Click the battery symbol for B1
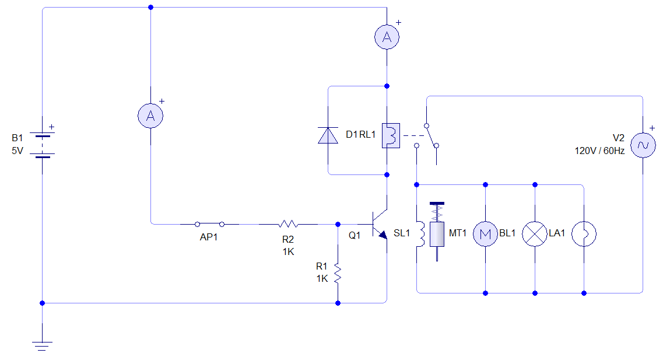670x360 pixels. [43, 145]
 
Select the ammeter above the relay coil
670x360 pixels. [387, 37]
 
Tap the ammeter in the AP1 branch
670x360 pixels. [150, 116]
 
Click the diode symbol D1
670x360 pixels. [328, 135]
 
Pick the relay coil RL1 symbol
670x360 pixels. [390, 135]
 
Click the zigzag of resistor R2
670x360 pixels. [288, 223]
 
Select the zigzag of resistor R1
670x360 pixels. [338, 274]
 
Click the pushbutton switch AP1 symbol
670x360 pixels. [209, 223]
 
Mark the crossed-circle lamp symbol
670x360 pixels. [535, 234]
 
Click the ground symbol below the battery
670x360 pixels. [43, 344]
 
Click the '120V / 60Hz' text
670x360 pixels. [599, 151]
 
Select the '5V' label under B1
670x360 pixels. [18, 150]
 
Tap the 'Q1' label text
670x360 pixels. [355, 236]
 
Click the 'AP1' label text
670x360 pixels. [209, 237]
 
